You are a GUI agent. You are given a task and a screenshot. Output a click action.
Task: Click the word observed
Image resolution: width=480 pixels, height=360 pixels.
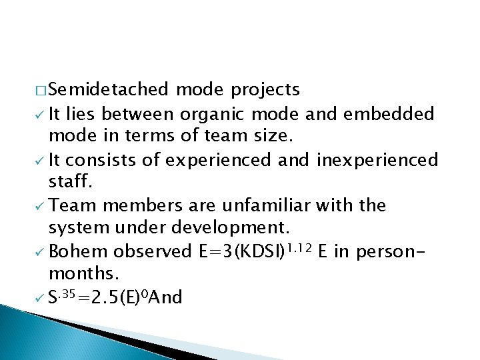[152, 252]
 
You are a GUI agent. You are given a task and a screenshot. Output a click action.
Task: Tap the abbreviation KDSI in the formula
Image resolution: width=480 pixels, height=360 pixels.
[246, 252]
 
